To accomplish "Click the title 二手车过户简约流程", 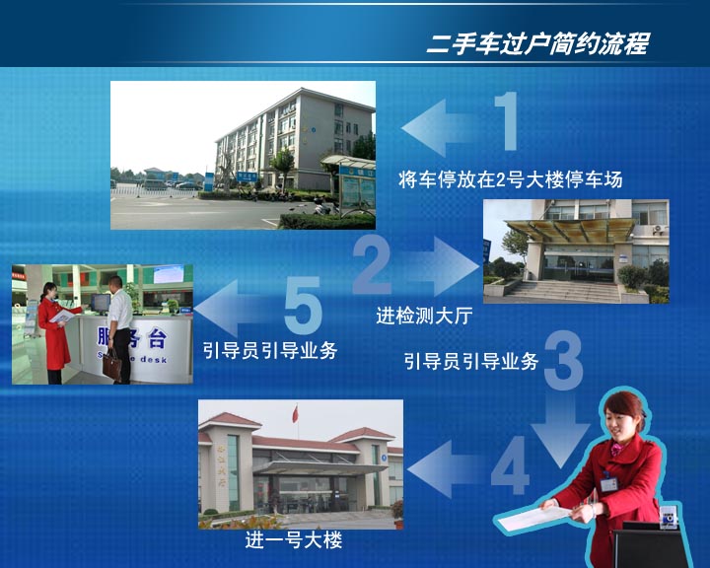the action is coord(538,44).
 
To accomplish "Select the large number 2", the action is coord(372,265).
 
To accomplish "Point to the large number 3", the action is coord(563,361).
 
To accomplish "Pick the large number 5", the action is coord(303,305).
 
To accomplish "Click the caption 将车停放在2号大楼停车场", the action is coord(511,179).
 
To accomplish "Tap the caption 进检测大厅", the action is coord(424,316).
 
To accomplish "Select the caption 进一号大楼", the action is coord(294,540).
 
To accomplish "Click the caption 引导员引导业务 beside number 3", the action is coord(471,361).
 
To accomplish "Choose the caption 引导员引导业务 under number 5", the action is coord(270,350).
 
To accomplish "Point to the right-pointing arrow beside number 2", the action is coord(442,266).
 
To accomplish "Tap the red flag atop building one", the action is coord(296,414).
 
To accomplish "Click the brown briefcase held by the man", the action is coord(111,364).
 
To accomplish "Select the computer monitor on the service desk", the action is coord(101,302).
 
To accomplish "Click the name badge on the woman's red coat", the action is coord(608,483).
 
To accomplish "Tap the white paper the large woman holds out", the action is coord(535,518).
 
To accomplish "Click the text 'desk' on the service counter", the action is coord(154,359).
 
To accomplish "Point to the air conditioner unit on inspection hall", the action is coord(659,229).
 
